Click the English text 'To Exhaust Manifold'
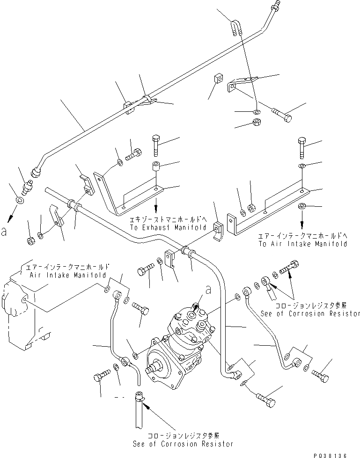pyautogui.click(x=169, y=227)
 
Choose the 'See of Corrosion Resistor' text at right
pyautogui.click(x=310, y=313)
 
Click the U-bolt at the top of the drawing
pyautogui.click(x=236, y=26)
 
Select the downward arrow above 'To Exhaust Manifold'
pyautogui.click(x=156, y=205)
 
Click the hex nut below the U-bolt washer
pyautogui.click(x=257, y=123)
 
